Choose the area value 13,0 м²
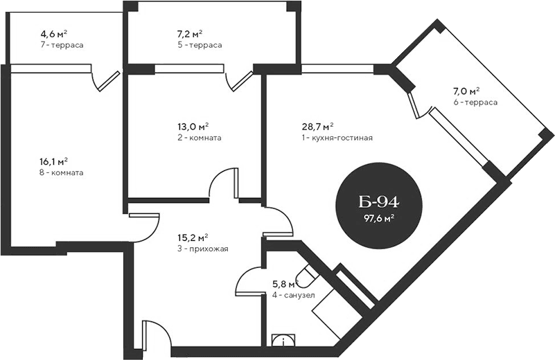[193, 127]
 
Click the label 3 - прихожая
[203, 249]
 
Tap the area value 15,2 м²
[193, 237]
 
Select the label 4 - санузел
[294, 295]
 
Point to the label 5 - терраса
[200, 45]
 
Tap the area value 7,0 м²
[466, 91]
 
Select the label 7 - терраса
[62, 45]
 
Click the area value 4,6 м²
[53, 33]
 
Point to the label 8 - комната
[62, 172]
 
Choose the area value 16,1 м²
[53, 161]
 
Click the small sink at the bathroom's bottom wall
[283, 340]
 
